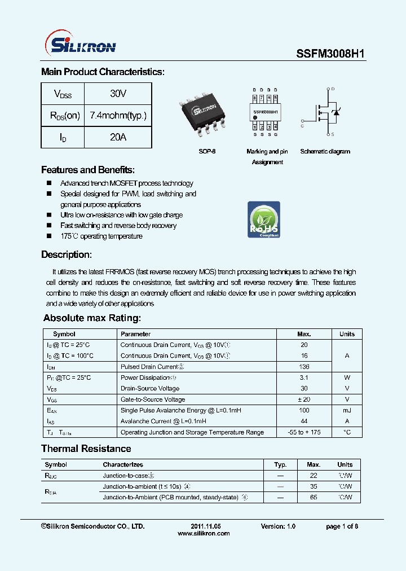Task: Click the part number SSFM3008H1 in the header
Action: coord(331,54)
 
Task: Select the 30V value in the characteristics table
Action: coord(118,93)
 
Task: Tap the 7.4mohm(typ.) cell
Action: coord(118,115)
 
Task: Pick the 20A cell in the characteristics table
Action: coord(118,137)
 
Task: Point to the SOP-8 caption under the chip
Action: coord(207,152)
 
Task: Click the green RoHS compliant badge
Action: coord(264,219)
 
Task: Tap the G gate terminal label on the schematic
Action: coord(303,126)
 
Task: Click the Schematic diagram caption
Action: coord(325,152)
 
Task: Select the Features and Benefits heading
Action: coord(88,170)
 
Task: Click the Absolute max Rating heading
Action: coord(92,318)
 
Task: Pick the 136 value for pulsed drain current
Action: coord(304,367)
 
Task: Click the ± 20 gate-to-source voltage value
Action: coord(304,399)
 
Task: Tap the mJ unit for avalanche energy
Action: coord(347,410)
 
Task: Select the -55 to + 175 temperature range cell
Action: coord(304,432)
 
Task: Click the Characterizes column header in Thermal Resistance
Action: coord(123,464)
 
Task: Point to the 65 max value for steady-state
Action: coord(314,497)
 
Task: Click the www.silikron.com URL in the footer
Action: coord(204,533)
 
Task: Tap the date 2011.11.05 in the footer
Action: coord(202,526)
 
